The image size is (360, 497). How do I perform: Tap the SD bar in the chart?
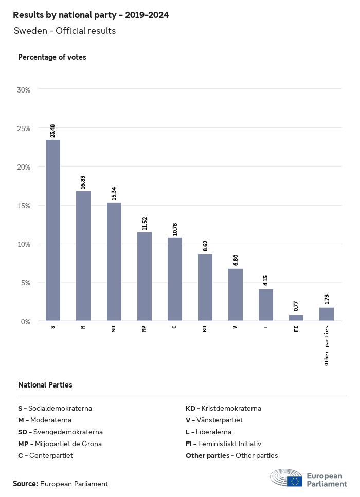coord(114,262)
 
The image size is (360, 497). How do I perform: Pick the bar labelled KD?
coord(205,287)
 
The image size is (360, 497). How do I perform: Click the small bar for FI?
coord(296,318)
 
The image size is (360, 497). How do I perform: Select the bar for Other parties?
coord(327,315)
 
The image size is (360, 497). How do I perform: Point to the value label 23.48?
coord(53,131)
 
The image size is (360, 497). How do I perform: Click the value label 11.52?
coord(145,223)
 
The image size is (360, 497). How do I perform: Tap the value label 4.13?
coord(266,281)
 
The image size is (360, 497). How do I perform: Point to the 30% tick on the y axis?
coord(24,89)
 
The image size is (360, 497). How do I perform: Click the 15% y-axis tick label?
coord(24,206)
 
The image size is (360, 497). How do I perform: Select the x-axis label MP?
coord(144,328)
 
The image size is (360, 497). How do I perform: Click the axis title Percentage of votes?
coord(52,57)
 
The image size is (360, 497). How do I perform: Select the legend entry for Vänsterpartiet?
coord(214,420)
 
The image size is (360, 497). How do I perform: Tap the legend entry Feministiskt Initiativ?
coord(223,444)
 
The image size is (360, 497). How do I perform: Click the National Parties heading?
coord(45,384)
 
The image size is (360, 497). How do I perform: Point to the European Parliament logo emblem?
coord(286,477)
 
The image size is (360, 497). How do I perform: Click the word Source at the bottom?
coord(25,484)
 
